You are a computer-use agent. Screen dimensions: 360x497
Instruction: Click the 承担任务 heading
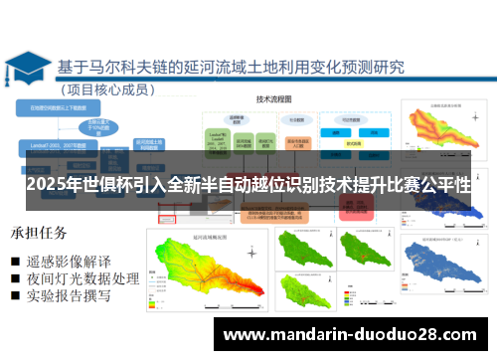pos(39,234)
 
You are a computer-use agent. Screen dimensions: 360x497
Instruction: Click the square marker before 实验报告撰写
pos(16,296)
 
